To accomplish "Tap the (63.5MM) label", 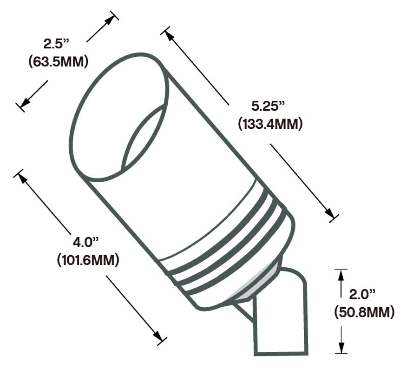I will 58,61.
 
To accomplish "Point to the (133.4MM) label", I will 269,124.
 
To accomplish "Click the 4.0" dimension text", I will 86,242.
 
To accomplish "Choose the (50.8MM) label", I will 365,312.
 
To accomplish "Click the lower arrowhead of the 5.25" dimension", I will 330,214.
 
